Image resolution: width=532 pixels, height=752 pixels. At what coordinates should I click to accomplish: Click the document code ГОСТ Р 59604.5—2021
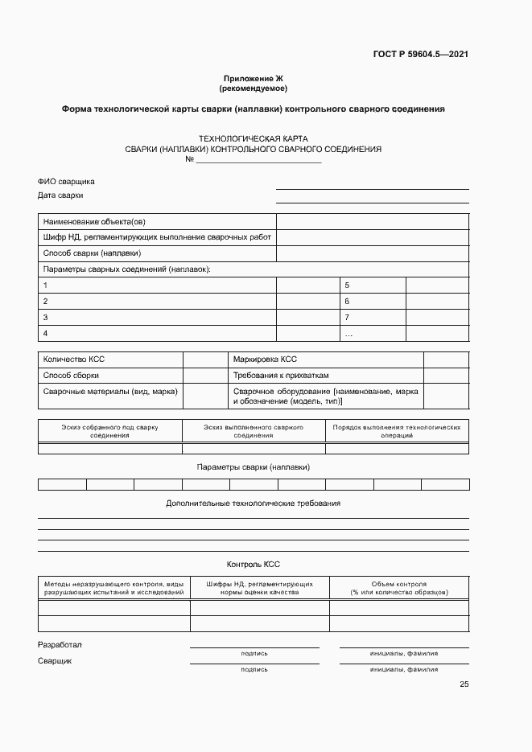[421, 54]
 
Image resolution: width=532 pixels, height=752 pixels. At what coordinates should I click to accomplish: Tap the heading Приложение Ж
[253, 78]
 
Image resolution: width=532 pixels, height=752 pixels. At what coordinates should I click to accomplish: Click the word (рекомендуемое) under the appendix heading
[253, 88]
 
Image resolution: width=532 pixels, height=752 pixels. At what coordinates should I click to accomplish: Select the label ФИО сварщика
[66, 182]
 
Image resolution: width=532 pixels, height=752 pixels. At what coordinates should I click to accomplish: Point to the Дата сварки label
[60, 195]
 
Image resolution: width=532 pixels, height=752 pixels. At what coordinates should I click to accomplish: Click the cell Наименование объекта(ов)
[94, 222]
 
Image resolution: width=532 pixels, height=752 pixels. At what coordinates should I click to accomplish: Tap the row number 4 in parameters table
[46, 333]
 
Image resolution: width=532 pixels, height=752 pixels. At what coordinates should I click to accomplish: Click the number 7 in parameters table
[347, 317]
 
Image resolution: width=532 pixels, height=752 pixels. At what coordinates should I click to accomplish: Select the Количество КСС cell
[74, 360]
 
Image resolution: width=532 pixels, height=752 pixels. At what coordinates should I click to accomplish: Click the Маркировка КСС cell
[265, 360]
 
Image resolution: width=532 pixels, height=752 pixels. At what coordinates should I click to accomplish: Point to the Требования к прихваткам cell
[281, 376]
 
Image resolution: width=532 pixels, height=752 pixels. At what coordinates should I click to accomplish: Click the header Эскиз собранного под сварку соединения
[109, 430]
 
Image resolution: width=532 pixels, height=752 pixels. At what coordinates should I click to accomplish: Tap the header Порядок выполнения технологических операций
[397, 430]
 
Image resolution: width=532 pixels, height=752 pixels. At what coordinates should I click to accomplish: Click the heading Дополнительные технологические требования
[253, 503]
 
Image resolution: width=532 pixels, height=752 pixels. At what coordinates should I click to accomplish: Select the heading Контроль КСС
[254, 565]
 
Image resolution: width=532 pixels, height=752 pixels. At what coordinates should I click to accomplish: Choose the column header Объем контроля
[399, 588]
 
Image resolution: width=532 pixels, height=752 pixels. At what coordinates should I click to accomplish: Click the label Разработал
[60, 645]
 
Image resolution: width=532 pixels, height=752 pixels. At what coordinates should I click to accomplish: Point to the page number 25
[464, 684]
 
